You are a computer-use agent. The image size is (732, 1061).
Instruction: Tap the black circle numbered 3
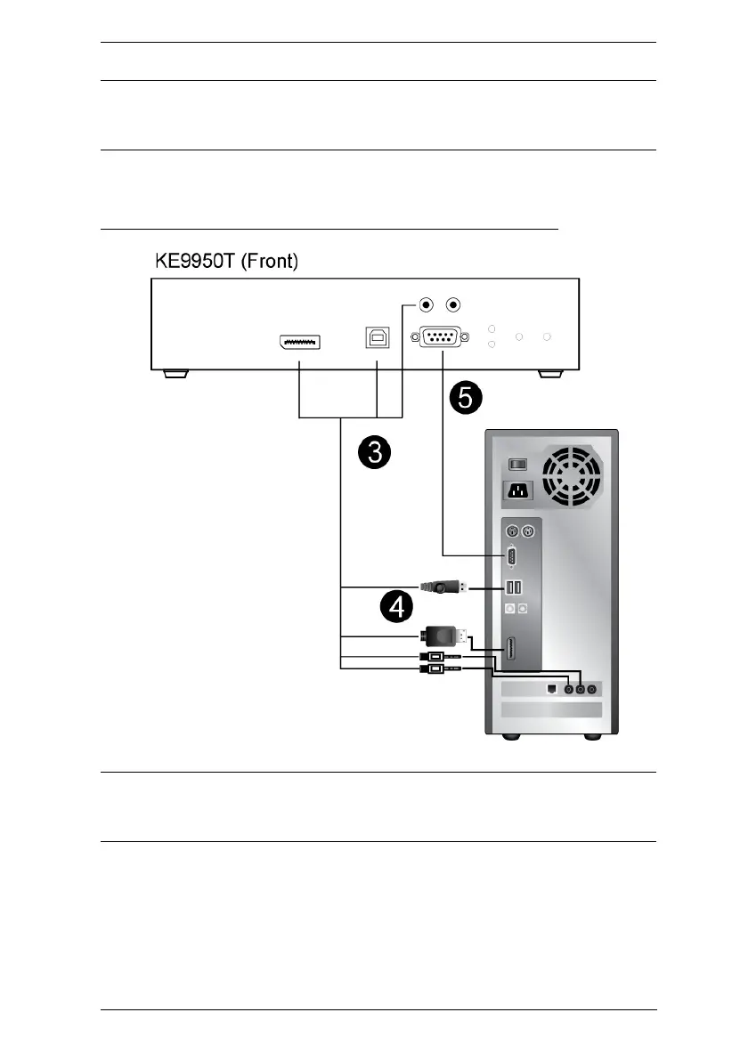(x=376, y=454)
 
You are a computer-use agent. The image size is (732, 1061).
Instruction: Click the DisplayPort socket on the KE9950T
(x=298, y=341)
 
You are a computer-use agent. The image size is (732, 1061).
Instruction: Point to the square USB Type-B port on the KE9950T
(x=376, y=337)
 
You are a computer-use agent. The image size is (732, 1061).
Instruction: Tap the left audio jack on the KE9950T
(x=427, y=305)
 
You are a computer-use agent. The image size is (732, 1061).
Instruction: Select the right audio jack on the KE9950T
(x=453, y=305)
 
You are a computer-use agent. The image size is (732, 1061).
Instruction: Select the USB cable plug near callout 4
(x=440, y=587)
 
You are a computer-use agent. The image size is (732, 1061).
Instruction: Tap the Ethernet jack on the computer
(x=549, y=687)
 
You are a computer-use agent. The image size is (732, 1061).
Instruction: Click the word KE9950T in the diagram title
(x=191, y=261)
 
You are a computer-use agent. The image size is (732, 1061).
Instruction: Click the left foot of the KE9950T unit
(x=175, y=374)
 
